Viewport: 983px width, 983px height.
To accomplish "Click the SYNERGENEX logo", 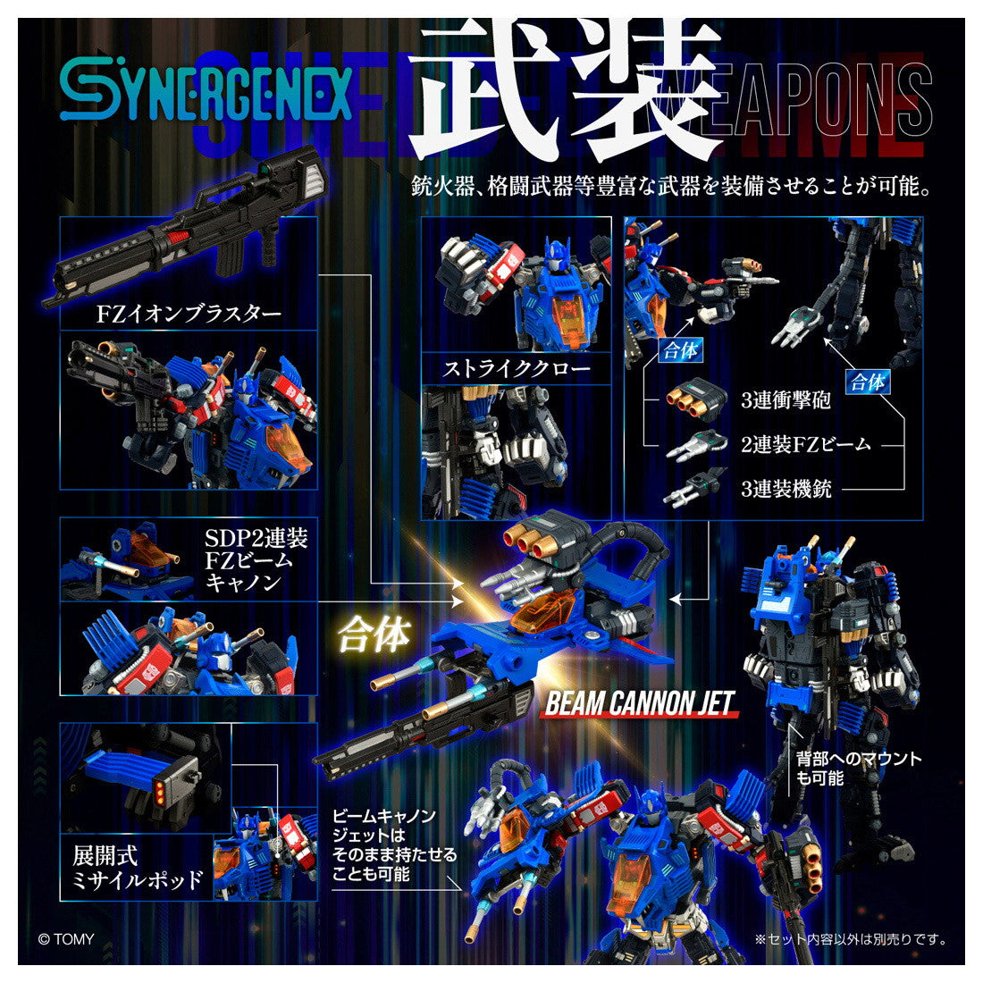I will pos(206,94).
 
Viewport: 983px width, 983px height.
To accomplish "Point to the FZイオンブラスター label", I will pos(189,314).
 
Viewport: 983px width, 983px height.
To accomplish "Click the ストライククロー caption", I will pos(517,368).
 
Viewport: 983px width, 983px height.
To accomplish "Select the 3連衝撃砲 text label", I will pos(786,399).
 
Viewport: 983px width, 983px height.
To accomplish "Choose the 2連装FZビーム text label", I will pos(805,443).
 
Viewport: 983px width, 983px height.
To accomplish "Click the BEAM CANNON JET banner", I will pos(639,703).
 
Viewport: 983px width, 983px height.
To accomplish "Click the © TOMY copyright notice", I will pos(65,939).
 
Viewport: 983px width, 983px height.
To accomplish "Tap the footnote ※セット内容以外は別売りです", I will pos(850,939).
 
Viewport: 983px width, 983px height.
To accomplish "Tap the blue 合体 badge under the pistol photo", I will pos(680,351).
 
